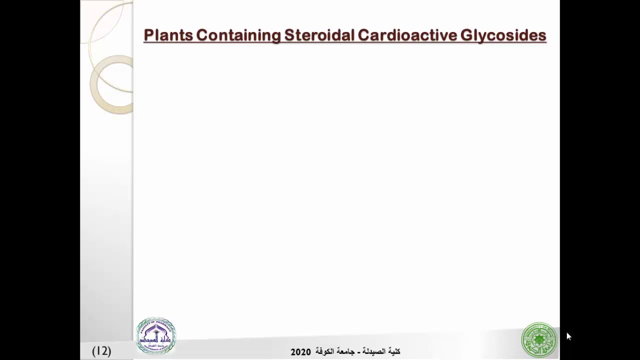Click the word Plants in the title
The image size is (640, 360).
tap(168, 35)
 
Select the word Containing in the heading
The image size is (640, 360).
tap(238, 35)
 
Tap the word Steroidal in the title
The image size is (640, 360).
tap(319, 35)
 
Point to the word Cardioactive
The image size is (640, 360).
tap(407, 35)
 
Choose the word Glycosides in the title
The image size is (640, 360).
tap(503, 35)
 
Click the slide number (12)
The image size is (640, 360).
tap(101, 351)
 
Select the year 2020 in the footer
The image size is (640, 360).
tap(300, 352)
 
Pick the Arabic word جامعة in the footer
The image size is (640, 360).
tap(345, 351)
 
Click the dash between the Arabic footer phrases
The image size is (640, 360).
tap(359, 352)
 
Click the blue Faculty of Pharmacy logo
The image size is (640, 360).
tap(156, 335)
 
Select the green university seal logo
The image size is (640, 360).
tap(539, 340)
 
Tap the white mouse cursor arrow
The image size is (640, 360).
tap(568, 336)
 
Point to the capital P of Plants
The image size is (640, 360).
tap(148, 35)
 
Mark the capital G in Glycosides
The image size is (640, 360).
tap(466, 35)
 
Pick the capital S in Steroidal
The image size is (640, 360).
tap(289, 35)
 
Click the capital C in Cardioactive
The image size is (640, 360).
tap(363, 35)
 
